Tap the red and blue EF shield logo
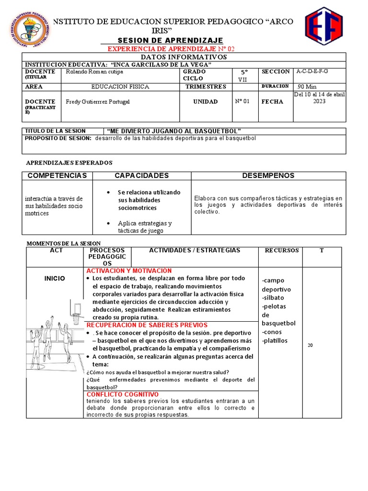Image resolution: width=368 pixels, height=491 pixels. (x=324, y=25)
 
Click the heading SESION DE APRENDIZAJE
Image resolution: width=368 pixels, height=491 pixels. (x=170, y=40)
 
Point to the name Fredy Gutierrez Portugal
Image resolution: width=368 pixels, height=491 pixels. (x=98, y=102)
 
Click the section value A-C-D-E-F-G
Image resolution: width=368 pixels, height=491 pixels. (x=312, y=71)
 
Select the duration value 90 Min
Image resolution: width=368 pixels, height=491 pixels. (x=307, y=87)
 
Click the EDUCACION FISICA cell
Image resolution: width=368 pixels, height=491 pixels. (x=120, y=87)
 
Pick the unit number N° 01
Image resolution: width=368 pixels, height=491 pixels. (x=242, y=102)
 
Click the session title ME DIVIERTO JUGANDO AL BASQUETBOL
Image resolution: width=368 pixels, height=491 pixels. (x=173, y=131)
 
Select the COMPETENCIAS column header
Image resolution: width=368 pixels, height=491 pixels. (x=57, y=175)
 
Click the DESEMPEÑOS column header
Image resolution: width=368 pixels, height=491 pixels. (x=268, y=175)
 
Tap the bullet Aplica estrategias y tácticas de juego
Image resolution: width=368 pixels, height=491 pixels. (x=141, y=227)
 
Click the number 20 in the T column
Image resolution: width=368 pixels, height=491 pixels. (x=310, y=345)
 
